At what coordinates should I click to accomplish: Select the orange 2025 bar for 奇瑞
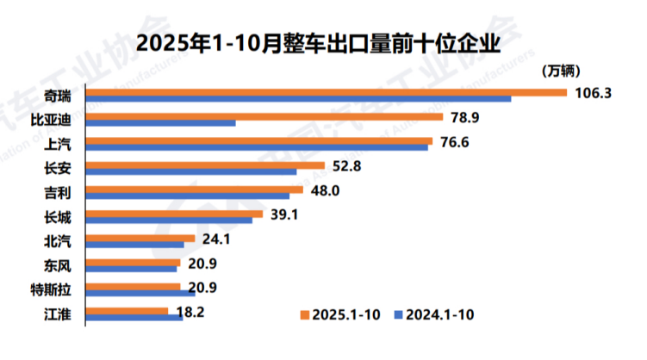(327, 91)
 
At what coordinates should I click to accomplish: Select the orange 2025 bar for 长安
(207, 165)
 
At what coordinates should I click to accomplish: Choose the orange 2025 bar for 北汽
(142, 239)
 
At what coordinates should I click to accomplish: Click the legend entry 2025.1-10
(339, 313)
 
